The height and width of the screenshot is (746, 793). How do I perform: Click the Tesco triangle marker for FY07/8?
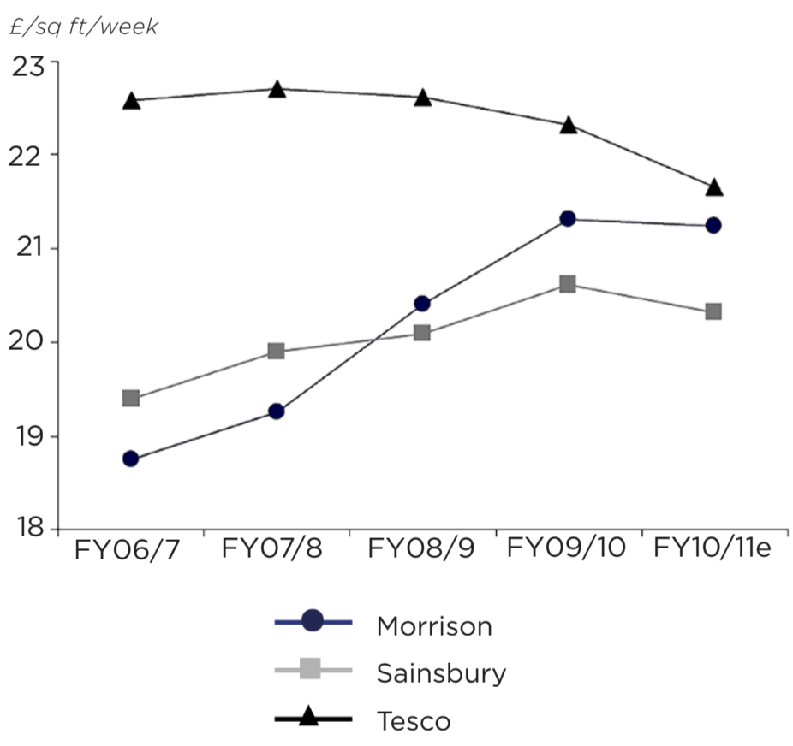277,89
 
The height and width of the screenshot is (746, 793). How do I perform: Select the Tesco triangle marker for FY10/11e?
713,187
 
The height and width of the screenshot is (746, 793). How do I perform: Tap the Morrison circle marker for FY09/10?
568,219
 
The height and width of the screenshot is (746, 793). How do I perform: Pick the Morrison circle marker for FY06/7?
131,459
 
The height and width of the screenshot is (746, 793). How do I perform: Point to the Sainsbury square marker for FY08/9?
422,333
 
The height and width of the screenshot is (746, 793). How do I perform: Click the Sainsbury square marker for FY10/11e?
713,311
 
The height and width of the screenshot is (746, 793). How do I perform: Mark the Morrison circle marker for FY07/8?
277,411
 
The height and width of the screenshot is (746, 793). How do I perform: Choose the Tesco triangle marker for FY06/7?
131,101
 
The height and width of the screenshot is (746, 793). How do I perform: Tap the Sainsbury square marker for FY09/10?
568,284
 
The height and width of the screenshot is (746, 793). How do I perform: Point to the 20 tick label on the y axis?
32,343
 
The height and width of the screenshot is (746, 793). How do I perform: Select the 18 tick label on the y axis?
32,529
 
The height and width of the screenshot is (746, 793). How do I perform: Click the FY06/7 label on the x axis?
128,549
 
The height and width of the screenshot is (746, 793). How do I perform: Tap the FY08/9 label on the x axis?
420,548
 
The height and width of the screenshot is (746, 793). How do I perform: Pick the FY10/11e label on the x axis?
713,548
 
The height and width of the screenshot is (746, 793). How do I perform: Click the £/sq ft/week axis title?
83,27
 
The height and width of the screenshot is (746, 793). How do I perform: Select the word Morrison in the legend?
434,626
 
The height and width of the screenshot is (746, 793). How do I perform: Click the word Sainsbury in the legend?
441,673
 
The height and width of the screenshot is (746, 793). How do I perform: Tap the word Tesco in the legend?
414,721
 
